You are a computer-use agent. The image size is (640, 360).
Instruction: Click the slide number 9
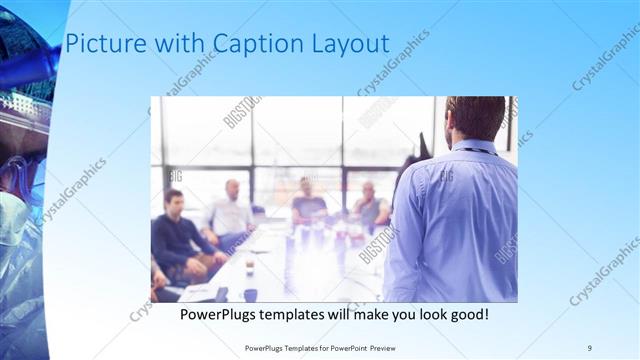coord(590,347)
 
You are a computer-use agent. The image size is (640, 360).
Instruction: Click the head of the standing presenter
coord(475,117)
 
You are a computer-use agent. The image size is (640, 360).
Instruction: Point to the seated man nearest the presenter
coord(371,205)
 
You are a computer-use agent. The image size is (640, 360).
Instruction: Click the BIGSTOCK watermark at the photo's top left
coord(241,112)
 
